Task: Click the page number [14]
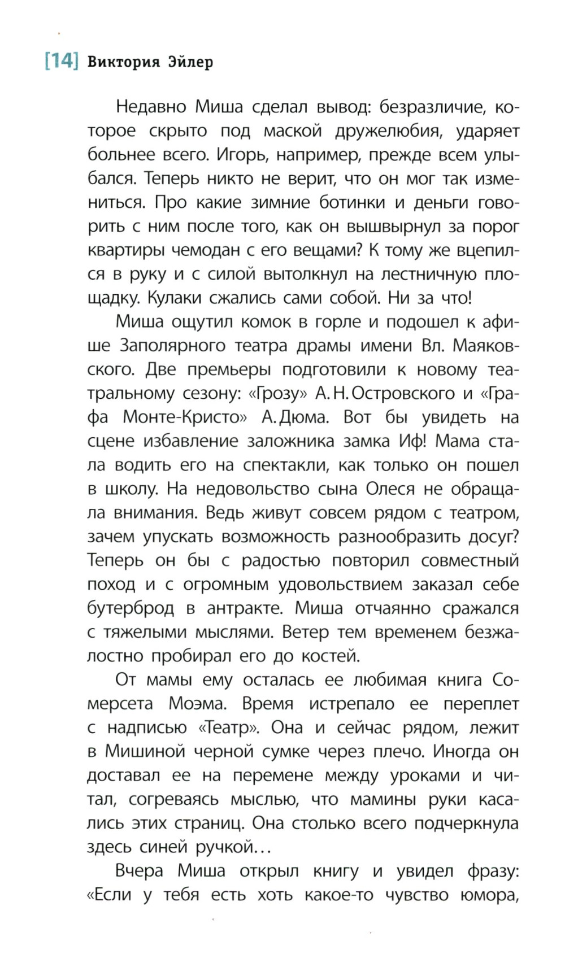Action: tap(61, 60)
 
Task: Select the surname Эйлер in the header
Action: tap(191, 62)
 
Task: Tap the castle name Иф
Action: tap(412, 441)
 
